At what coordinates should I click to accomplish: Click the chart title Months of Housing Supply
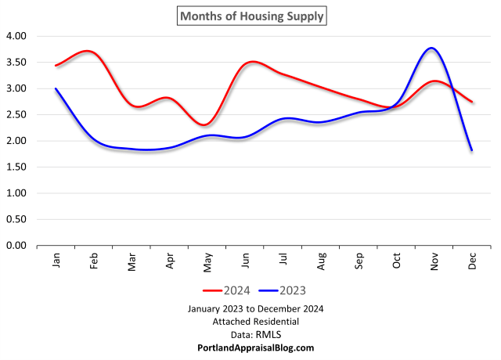point(250,15)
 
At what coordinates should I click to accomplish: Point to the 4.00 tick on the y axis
point(16,36)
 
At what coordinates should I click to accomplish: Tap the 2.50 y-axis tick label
point(16,115)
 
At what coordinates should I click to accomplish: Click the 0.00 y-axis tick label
point(16,246)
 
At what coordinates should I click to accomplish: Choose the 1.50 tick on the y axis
point(16,167)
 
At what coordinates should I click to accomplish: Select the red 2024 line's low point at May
point(204,124)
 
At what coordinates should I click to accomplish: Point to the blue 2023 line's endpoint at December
point(471,150)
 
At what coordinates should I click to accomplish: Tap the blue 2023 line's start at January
point(56,88)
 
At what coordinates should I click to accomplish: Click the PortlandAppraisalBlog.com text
point(250,347)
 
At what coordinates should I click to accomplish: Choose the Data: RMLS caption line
point(250,334)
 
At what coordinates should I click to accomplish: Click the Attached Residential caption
point(250,322)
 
